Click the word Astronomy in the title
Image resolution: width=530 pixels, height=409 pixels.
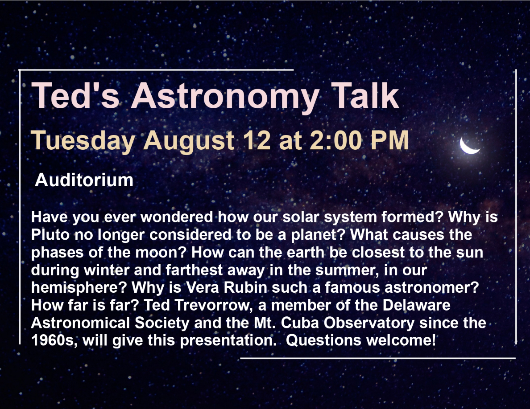pyautogui.click(x=224, y=97)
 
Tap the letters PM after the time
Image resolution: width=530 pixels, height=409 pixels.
pyautogui.click(x=390, y=140)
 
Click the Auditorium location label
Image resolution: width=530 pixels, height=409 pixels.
pyautogui.click(x=84, y=180)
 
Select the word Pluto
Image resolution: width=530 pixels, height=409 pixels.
pyautogui.click(x=50, y=234)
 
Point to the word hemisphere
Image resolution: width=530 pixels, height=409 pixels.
pyautogui.click(x=79, y=288)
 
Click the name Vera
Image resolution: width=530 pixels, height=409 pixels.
pyautogui.click(x=203, y=287)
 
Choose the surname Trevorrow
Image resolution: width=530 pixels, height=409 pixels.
pyautogui.click(x=214, y=305)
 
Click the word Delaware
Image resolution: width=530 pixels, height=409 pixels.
pyautogui.click(x=416, y=305)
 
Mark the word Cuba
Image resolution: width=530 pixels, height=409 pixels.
pyautogui.click(x=300, y=323)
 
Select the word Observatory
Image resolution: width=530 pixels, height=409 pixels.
pyautogui.click(x=369, y=323)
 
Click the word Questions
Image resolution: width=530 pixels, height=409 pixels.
pyautogui.click(x=323, y=340)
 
